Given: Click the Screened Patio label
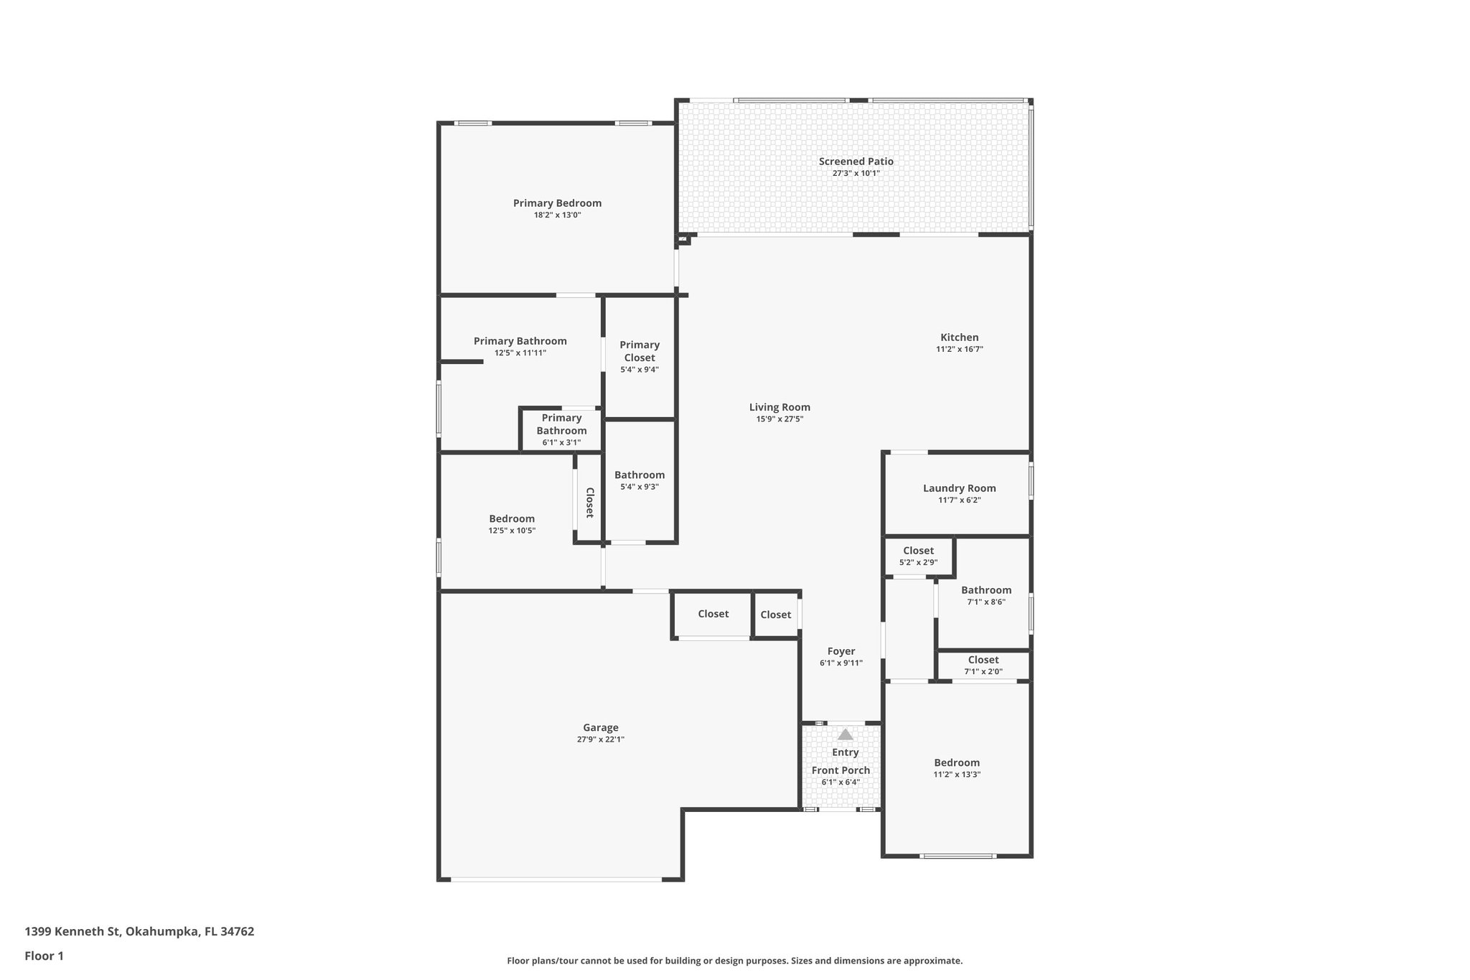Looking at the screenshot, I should coord(856,162).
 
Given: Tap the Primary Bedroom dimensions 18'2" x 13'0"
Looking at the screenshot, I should coord(557,215).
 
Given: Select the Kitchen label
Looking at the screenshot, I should coord(959,337).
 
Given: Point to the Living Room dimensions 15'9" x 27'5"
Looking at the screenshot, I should coord(780,419).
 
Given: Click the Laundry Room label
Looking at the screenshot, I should coord(959,488).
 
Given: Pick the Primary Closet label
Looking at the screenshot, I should coord(639,351).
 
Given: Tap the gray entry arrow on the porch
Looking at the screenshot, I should coord(846,734).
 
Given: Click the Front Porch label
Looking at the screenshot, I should coord(841,770).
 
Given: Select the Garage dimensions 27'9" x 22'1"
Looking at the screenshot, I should coord(600,739).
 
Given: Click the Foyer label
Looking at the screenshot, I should coord(841,651).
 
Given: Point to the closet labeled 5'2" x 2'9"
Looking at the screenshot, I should coord(918,556).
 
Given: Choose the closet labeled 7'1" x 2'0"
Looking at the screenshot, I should coord(983,666).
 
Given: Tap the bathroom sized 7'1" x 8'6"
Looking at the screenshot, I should coord(986,596).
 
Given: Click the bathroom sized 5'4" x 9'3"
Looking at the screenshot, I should coord(639,480).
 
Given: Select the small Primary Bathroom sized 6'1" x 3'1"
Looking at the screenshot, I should coord(561,429).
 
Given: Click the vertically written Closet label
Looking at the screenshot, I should coord(589,503).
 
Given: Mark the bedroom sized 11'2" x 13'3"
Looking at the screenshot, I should coord(956,768).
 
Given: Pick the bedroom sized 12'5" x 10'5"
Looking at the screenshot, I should coord(512,524).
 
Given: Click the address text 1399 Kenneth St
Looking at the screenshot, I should coord(139,931).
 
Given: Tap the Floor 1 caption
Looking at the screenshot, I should coord(44,956).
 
